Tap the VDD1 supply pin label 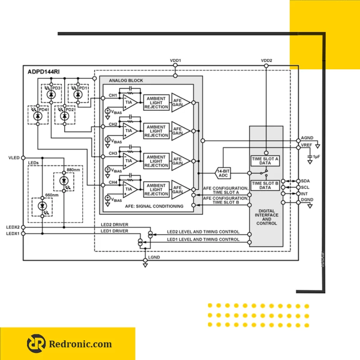tap(175, 60)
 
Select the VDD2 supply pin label tap(266, 60)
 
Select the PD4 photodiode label tap(44, 109)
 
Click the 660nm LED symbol tap(43, 206)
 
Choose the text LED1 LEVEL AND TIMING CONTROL tap(203, 239)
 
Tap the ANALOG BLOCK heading tap(126, 81)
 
